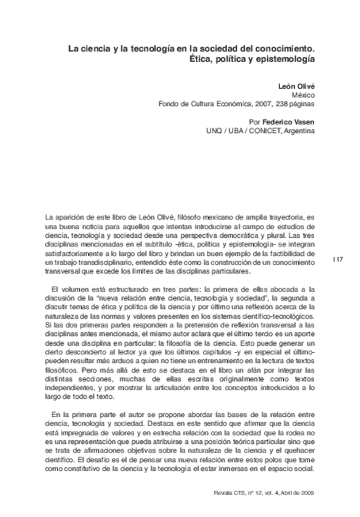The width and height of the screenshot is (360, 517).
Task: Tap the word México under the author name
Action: (303, 96)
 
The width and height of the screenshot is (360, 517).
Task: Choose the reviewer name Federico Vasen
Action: (292, 122)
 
